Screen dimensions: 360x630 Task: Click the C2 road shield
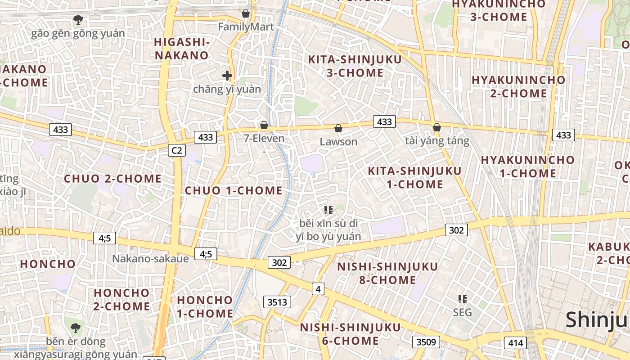176,150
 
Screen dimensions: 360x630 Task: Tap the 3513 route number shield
277,302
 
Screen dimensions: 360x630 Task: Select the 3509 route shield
426,342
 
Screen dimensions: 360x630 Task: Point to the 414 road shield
515,343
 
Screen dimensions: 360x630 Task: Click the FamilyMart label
246,27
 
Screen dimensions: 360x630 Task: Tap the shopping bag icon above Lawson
338,129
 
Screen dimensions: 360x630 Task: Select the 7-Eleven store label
264,138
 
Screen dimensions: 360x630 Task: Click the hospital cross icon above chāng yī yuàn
227,75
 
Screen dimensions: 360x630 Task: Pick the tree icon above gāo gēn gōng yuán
78,20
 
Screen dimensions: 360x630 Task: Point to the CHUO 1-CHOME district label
234,190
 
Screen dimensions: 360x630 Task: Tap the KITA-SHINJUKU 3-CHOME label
355,66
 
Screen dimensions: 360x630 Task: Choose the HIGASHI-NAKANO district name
182,49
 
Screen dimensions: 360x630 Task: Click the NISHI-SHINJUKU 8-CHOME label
387,273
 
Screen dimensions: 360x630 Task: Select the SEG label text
462,312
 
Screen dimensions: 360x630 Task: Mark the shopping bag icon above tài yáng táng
436,128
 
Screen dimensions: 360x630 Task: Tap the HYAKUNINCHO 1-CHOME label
527,166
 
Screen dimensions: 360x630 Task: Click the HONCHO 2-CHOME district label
121,299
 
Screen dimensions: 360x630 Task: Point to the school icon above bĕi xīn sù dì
328,210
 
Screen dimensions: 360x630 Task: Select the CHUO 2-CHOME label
112,179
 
